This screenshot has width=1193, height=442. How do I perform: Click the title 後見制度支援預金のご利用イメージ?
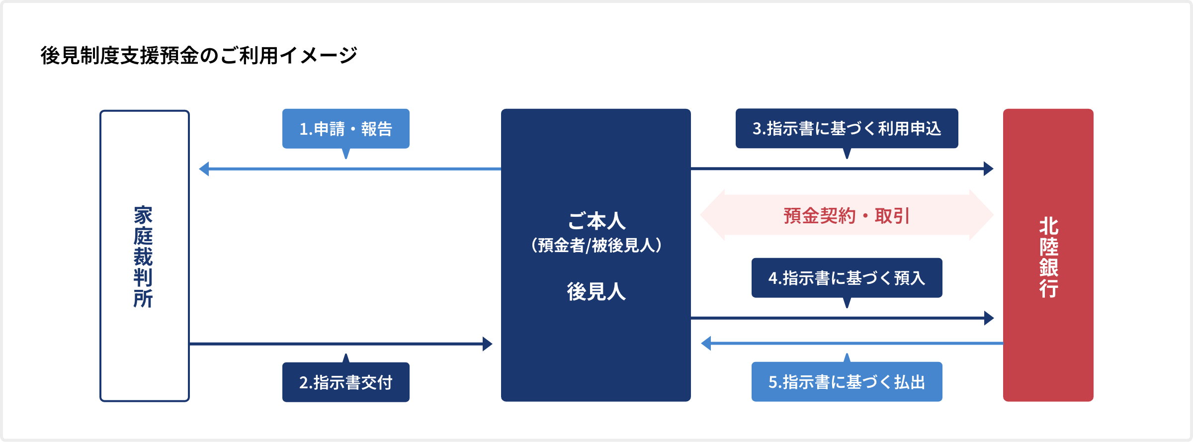click(x=199, y=55)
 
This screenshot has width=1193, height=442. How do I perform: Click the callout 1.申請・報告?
click(x=345, y=129)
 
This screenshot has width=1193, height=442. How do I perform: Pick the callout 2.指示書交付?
click(x=345, y=382)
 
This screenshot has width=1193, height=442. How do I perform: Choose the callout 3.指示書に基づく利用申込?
click(x=847, y=128)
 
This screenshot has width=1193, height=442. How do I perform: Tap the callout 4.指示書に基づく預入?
click(x=847, y=278)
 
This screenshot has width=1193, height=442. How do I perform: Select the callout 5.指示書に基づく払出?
click(x=847, y=382)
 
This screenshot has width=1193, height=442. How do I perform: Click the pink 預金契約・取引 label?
click(x=847, y=216)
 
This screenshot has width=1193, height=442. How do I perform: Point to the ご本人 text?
click(x=596, y=221)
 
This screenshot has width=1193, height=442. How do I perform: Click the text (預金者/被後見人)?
click(x=596, y=245)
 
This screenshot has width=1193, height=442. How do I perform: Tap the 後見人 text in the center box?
click(x=596, y=291)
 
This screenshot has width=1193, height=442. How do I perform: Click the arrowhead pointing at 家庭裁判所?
click(x=204, y=169)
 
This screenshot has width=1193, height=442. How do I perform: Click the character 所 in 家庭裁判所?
click(x=143, y=299)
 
